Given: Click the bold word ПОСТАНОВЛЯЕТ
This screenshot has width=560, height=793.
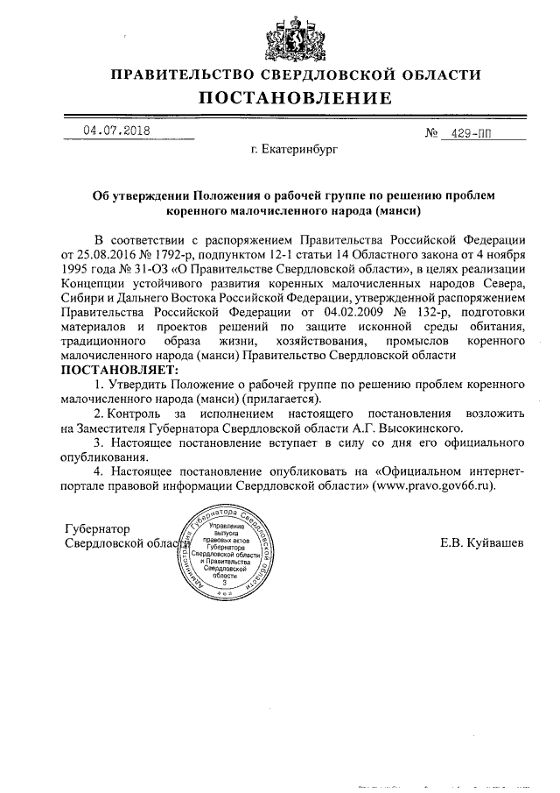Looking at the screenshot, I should coord(119,371).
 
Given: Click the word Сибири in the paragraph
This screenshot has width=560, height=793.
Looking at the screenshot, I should coord(84,299).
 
